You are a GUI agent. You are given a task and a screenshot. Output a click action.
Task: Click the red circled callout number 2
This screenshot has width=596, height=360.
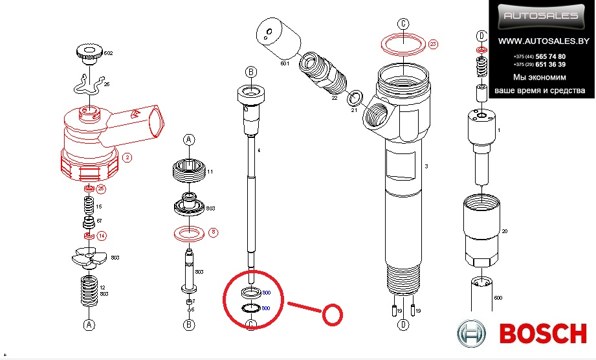127,157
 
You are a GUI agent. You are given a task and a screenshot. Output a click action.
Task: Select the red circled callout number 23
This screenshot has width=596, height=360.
433,44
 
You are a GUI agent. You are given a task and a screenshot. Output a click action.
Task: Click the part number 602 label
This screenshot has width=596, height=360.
108,53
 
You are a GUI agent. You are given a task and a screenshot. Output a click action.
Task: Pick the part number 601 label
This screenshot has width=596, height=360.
283,63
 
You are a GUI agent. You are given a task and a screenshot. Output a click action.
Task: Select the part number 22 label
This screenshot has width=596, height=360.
334,98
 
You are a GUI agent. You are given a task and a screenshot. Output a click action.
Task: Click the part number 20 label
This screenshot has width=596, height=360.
505,231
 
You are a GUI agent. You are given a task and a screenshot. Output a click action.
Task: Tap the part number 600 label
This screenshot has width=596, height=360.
498,297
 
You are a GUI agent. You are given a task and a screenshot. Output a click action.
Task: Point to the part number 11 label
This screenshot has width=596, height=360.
210,172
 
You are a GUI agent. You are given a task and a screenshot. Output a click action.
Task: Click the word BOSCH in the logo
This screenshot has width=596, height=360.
543,334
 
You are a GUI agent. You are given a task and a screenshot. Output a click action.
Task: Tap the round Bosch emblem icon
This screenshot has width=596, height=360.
474,335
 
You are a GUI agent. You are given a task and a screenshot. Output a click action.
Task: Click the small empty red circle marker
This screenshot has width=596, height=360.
333,315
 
